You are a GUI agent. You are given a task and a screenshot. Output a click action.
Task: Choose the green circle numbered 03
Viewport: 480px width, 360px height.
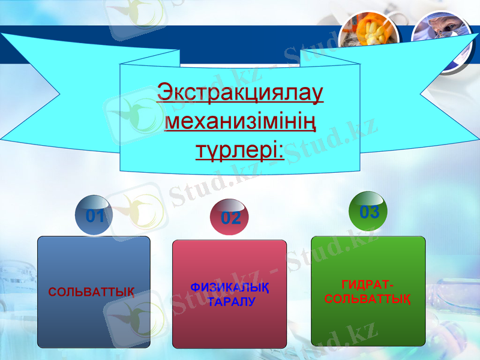click(x=369, y=211)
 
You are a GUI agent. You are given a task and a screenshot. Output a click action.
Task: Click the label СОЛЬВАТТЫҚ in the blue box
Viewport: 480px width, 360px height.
click(x=91, y=292)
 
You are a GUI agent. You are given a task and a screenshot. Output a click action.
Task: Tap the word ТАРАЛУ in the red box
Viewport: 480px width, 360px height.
click(x=232, y=301)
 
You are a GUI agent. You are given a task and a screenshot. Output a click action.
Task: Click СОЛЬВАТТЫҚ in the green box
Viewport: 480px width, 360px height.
click(x=368, y=299)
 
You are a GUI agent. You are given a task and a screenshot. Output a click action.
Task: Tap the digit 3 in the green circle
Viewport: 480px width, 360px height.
click(x=374, y=212)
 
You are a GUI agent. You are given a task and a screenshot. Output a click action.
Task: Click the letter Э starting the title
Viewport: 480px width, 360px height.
click(x=163, y=94)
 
